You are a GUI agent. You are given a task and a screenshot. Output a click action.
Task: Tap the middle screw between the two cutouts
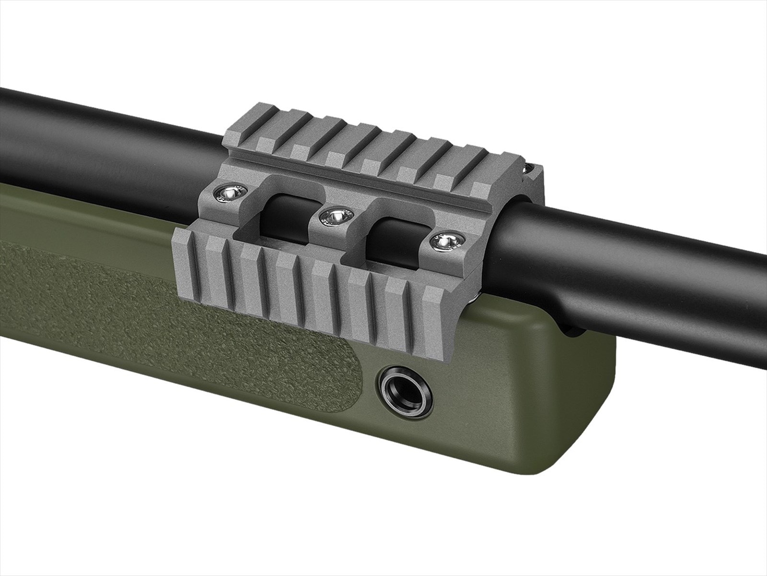point(337,216)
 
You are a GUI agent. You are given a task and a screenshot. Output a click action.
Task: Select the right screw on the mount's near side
point(445,241)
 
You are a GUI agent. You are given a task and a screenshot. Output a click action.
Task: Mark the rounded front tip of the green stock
point(594,408)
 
